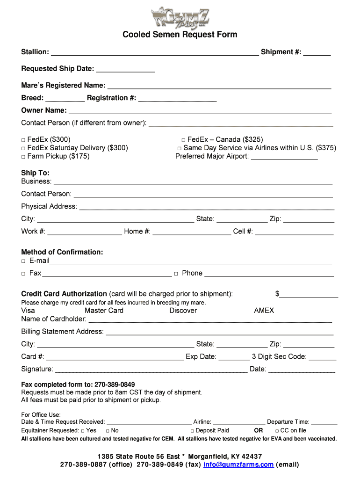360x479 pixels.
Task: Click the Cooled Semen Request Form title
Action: (180, 35)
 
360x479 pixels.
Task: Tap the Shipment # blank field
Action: (317, 52)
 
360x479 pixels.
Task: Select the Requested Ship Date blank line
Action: (125, 69)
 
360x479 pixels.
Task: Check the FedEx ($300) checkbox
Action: (23, 140)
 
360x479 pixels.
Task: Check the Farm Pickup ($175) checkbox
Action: (23, 157)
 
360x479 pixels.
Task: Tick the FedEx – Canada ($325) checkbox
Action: (183, 140)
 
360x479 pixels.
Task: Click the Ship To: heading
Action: (35, 173)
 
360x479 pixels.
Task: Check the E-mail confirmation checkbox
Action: (23, 261)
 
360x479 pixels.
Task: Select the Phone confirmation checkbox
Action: (176, 274)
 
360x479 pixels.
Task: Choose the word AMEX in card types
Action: (264, 311)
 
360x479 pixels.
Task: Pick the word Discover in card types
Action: (183, 311)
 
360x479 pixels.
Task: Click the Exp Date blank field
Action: (234, 357)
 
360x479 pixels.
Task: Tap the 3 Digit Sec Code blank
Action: (322, 357)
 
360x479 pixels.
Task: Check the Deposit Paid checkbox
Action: (192, 431)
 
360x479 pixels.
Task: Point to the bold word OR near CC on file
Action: (258, 430)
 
